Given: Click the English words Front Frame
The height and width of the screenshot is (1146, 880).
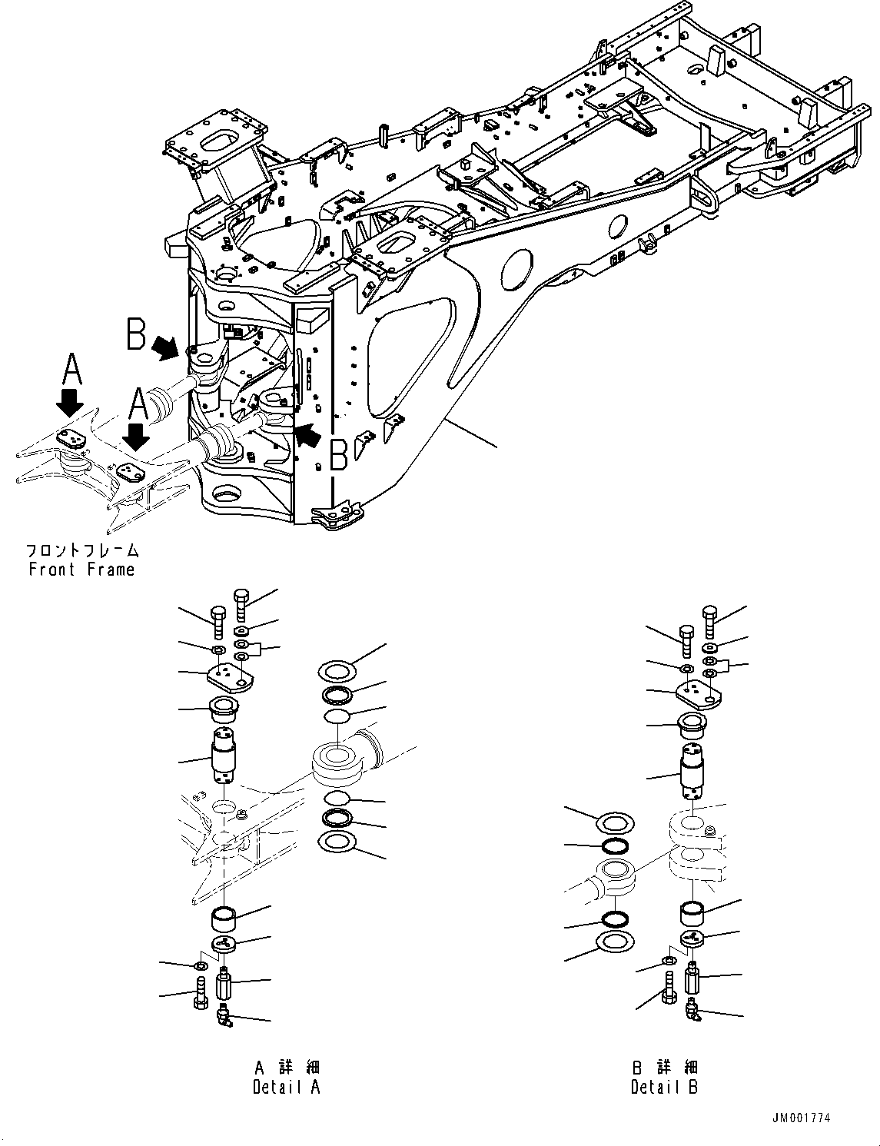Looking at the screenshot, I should point(81,570).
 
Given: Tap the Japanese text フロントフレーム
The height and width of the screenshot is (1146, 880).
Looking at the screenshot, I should point(82,551).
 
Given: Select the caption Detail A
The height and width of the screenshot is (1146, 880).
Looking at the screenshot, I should point(286,1086).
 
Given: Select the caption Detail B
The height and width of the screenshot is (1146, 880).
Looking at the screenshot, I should point(664,1087).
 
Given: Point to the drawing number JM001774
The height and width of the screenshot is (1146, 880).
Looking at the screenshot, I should point(801,1118).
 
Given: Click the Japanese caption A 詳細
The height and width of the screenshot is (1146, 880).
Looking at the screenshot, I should point(286,1068).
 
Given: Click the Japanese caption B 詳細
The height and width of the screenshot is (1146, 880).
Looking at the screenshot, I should point(664,1068).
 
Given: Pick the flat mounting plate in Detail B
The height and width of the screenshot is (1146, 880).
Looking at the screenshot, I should point(699,695).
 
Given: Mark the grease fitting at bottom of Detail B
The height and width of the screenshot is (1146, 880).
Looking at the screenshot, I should point(693,1009).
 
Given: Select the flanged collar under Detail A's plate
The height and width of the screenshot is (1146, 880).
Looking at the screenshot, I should point(226,709).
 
